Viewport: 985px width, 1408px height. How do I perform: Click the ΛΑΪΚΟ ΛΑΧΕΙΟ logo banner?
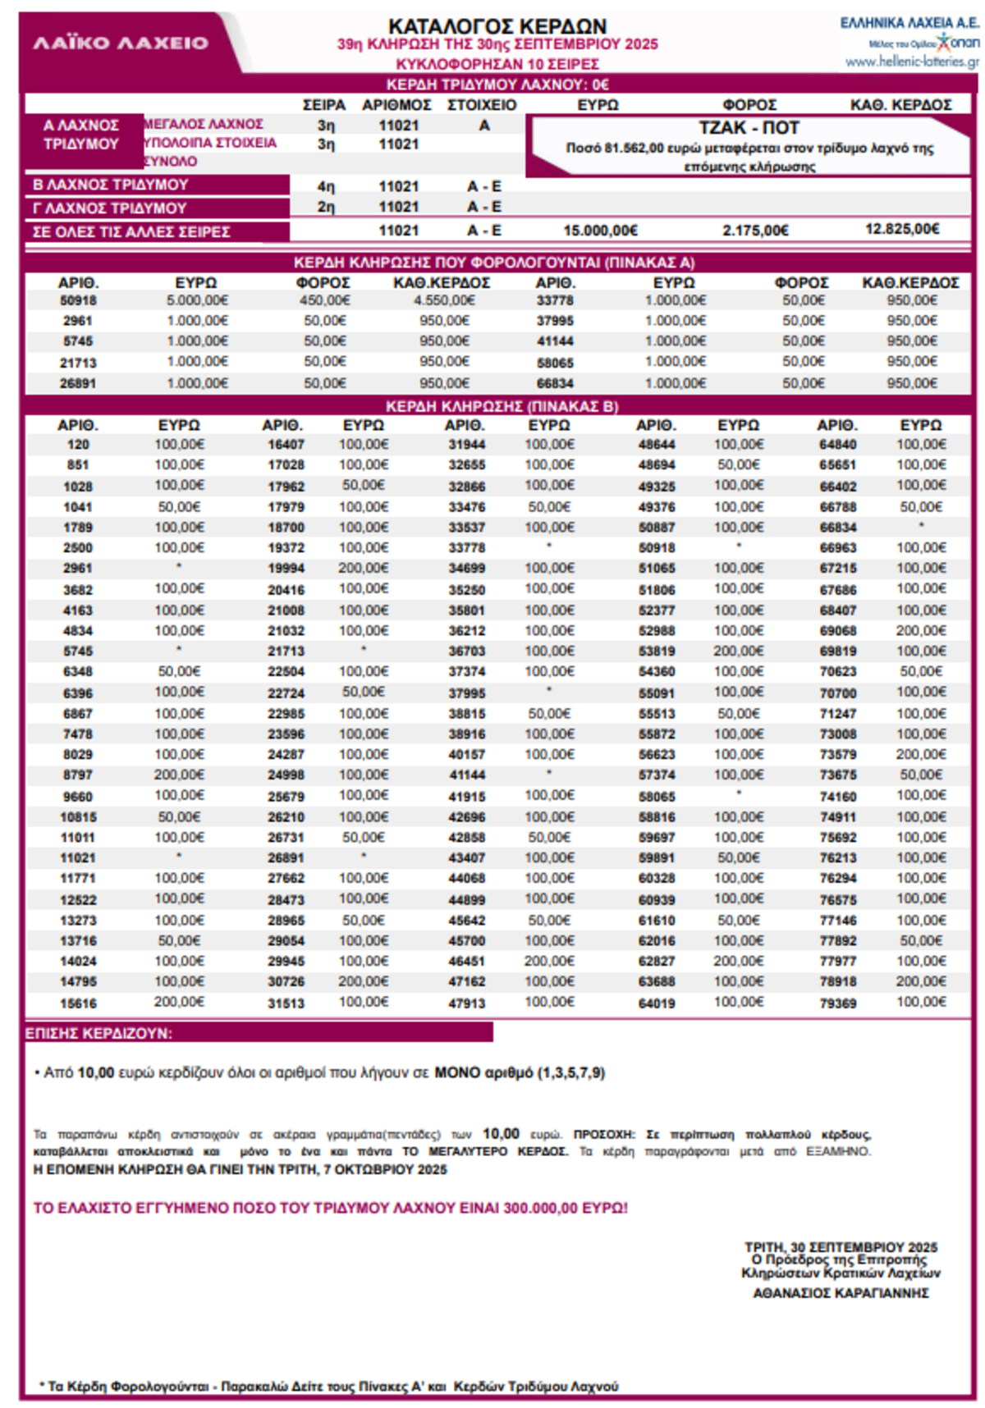pos(121,43)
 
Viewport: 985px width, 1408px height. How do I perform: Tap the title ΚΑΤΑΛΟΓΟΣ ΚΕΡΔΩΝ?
pos(497,26)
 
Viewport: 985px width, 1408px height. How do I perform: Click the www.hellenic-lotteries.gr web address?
pos(911,62)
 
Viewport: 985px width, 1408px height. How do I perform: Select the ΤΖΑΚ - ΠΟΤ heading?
pos(749,128)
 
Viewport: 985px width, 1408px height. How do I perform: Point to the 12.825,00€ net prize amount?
pos(901,229)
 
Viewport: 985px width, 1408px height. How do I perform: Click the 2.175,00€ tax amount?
pos(755,231)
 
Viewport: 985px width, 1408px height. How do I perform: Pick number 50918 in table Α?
pos(78,300)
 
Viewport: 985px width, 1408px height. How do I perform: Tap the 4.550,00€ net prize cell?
pos(444,300)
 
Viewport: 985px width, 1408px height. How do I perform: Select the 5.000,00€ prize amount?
pos(197,300)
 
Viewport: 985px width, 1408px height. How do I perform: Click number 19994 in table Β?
pos(286,569)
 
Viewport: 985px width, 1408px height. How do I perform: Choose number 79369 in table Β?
pos(837,1003)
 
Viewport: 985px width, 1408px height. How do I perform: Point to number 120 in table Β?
pos(78,445)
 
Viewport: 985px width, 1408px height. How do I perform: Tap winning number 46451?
pos(466,961)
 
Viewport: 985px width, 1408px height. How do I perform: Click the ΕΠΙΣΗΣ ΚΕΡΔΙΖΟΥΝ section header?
pos(99,1033)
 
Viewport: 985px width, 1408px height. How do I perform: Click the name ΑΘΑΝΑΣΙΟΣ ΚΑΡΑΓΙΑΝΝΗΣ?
pos(841,1293)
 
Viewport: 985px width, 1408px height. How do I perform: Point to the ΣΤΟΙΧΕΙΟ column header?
pos(482,105)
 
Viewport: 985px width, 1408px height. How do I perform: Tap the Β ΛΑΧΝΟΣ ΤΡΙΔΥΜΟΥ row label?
pos(111,185)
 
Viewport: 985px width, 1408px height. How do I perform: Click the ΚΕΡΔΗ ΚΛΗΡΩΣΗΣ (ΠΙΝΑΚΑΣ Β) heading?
pos(502,406)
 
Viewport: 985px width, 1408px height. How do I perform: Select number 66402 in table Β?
pos(837,487)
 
